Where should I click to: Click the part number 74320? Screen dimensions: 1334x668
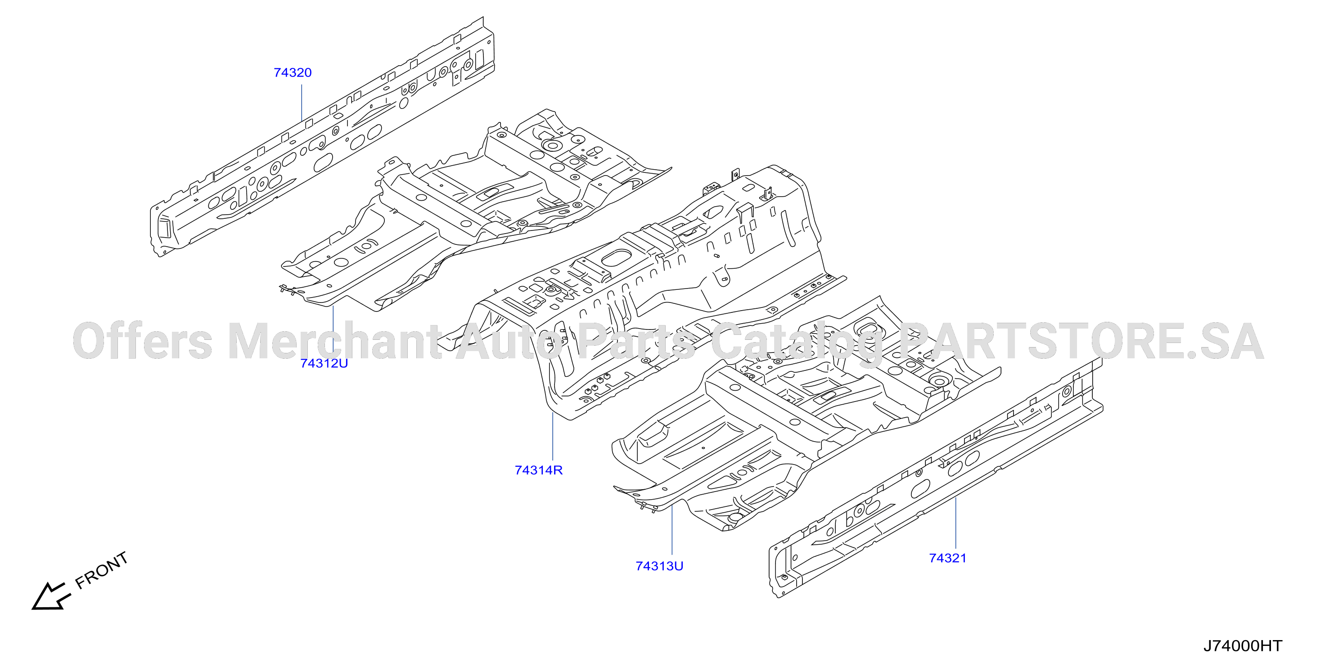click(x=293, y=72)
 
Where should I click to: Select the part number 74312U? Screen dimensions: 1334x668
click(x=324, y=364)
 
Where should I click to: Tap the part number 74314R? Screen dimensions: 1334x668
click(x=539, y=470)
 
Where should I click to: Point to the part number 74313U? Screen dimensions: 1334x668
click(x=659, y=566)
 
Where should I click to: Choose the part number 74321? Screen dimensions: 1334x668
click(x=948, y=558)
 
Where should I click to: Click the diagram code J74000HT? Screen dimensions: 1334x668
click(x=1242, y=646)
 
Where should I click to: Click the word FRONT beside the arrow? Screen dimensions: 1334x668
click(x=102, y=570)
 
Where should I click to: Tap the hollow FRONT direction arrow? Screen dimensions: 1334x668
click(x=50, y=596)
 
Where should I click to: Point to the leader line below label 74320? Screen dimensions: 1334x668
click(x=302, y=103)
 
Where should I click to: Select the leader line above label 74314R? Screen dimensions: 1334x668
click(x=553, y=436)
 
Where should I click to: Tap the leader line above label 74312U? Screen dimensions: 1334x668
click(x=333, y=330)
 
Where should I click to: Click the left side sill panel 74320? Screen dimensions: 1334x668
click(x=322, y=137)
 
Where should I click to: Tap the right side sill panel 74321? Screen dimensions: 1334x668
click(x=936, y=478)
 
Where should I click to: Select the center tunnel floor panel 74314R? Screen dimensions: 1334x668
click(x=642, y=290)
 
